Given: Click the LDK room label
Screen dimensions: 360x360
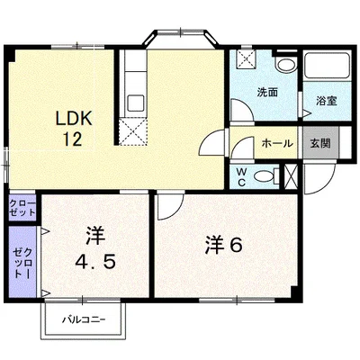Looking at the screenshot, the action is point(73,119).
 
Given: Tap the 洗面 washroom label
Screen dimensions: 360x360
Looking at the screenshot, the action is point(267,93).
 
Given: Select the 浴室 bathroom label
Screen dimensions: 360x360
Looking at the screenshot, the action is point(327,101).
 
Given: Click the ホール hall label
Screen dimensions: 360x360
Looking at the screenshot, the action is point(277,144).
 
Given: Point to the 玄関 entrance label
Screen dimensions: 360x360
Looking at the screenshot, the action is point(320,144).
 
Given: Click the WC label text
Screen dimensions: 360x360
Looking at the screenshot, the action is point(242,176).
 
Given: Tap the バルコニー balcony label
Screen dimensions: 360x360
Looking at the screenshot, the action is point(84,319).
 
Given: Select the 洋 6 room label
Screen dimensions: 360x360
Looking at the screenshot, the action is point(224,247).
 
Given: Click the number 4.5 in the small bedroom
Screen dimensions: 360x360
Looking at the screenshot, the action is point(95,263).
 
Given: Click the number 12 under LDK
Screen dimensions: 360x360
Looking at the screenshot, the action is point(72,139).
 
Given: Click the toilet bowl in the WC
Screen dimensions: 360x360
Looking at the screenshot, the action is point(265,176).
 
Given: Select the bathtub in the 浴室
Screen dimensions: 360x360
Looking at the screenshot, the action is point(327,67).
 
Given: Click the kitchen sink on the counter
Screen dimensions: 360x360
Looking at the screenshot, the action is point(136,103).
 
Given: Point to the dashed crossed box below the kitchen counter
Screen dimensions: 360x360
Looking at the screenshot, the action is point(132,132).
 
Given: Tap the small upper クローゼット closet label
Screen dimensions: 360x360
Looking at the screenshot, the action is point(22,208).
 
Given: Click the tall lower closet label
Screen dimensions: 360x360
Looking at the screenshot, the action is point(22,263).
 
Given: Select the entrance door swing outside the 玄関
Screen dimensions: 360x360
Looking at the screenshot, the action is point(319,179).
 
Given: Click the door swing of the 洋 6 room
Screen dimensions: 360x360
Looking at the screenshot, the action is point(170,206).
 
